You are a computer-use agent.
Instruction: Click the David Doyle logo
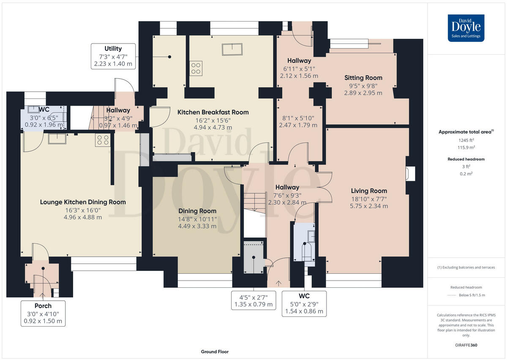coord(466,28)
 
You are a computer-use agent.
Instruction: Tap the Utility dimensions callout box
coord(113,56)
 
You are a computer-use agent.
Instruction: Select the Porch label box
coord(43,314)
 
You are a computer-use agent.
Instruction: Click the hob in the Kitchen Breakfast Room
coord(196,68)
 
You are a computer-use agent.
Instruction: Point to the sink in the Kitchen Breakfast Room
coord(232,49)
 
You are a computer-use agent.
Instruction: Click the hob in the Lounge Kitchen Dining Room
coord(103,140)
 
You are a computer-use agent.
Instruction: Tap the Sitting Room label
coord(363,78)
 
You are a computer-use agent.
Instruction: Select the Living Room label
coord(369,191)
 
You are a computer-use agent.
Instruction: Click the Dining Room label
coord(197,211)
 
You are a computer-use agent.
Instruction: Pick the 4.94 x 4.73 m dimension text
coord(213,127)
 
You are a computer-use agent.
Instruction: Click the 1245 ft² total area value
coord(466,140)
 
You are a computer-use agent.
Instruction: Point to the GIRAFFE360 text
coord(466,345)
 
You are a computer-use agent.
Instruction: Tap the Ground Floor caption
coord(215,352)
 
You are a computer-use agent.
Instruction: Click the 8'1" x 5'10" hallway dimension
coord(298,118)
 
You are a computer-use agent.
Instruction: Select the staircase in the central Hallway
coord(255,203)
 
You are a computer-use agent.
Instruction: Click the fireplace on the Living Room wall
coord(410,174)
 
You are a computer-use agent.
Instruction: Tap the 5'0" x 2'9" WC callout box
coord(304,304)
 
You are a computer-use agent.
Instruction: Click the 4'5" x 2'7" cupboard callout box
coord(253,300)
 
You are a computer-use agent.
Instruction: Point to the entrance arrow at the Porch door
coord(42,295)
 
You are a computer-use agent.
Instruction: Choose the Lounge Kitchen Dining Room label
coord(83,202)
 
